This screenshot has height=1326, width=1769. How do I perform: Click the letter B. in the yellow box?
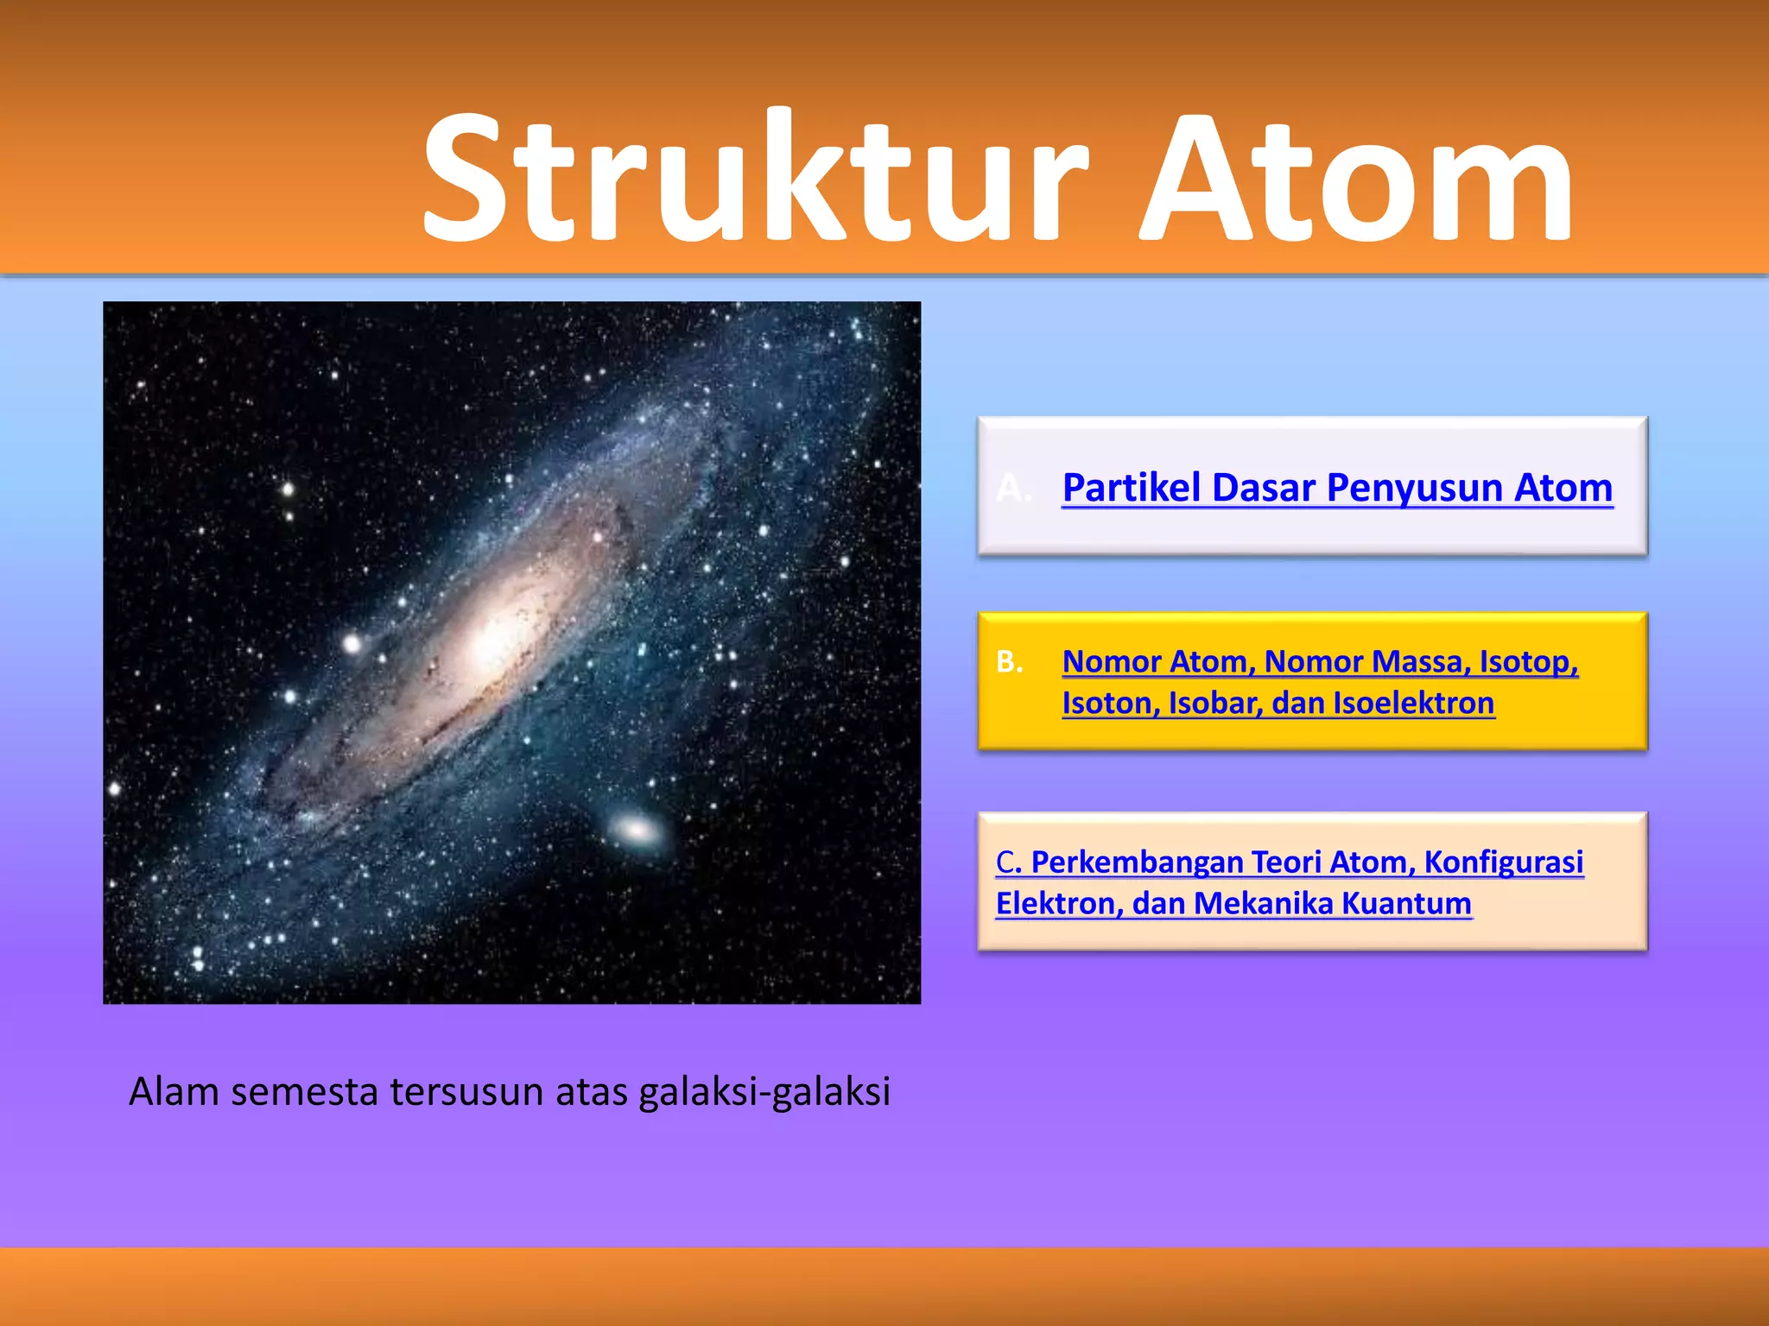pos(1009,662)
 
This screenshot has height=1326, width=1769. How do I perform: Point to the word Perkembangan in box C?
pos(1136,862)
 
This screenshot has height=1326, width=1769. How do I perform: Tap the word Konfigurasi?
pos(1503,862)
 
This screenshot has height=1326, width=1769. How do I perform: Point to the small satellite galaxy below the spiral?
pos(637,830)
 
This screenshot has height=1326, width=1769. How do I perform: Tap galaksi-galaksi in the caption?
pos(764,1093)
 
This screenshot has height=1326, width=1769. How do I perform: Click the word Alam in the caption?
pos(174,1092)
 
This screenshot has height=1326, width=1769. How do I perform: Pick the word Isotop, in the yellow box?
pos(1529,662)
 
